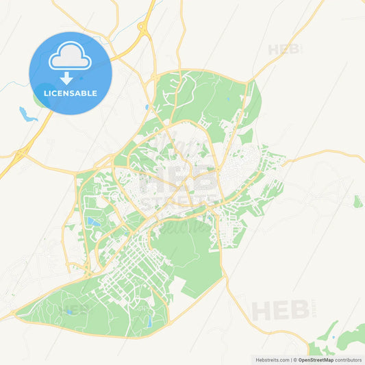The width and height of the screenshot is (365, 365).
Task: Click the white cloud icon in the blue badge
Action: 71,57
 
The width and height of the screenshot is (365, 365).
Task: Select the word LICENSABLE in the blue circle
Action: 71,93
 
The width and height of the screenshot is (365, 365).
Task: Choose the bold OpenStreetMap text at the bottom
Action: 316,360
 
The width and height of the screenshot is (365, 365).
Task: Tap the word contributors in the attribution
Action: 348,360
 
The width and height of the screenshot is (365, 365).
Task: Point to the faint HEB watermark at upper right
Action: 284,49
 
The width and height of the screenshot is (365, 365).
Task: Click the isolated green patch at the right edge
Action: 358,201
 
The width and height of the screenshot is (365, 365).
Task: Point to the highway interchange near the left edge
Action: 18,155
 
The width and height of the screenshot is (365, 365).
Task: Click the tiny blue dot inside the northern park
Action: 147,107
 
